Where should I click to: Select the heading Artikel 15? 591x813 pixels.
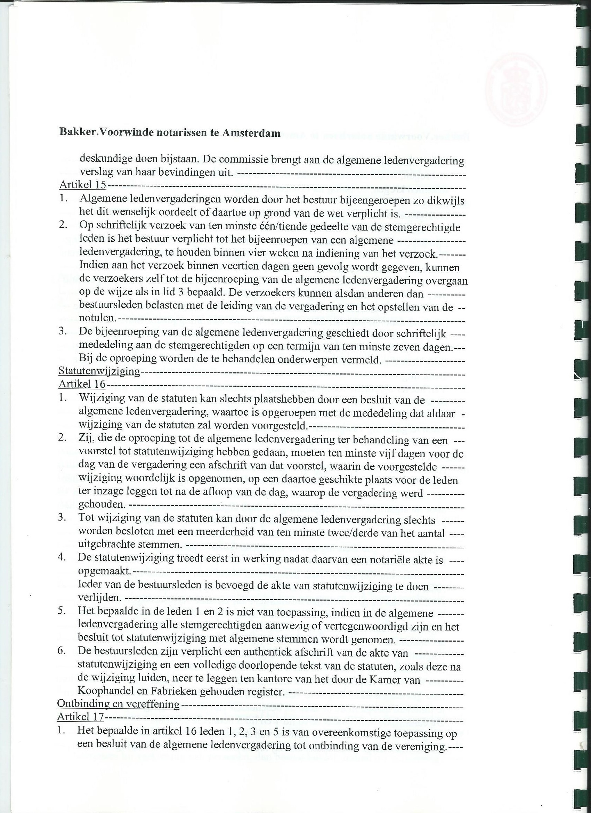tap(82, 185)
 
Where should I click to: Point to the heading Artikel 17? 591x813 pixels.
tap(81, 717)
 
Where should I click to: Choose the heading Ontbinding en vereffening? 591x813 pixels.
tap(118, 703)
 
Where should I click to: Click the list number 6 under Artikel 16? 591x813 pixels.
tap(61, 651)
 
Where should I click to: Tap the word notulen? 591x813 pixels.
tap(97, 317)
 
